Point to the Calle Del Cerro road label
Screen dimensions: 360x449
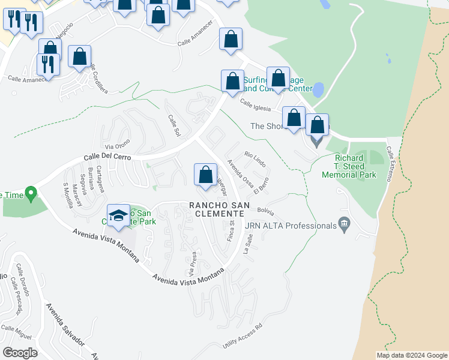tap(106, 158)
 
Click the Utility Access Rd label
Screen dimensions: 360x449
tap(243, 338)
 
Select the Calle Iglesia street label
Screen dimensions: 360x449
tap(257, 105)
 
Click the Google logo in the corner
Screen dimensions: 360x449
tap(20, 352)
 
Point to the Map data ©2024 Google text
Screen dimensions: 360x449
tap(411, 355)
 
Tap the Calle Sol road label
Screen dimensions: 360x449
tap(173, 125)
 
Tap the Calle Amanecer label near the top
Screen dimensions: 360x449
tap(195, 42)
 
